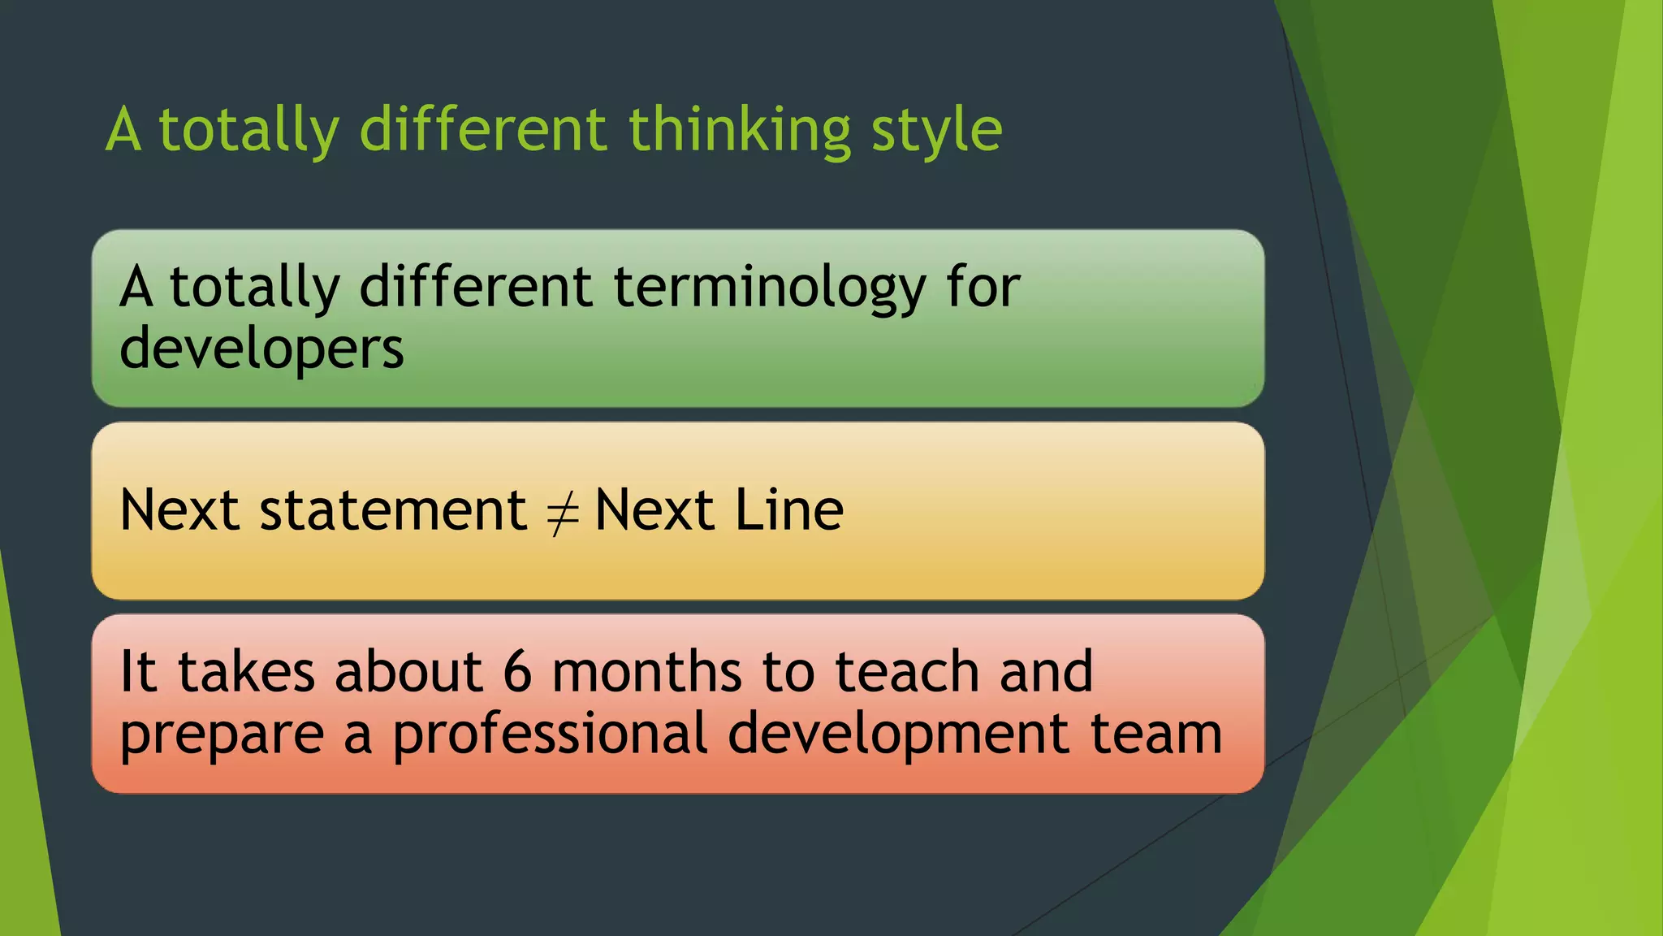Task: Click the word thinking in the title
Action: tap(739, 130)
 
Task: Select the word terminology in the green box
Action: tap(769, 288)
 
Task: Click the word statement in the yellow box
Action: tap(393, 510)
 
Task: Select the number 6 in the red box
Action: tap(517, 672)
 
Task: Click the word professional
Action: tap(551, 734)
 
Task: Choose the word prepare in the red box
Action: tap(222, 734)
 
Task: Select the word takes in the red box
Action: tap(246, 672)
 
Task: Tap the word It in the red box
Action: tap(138, 672)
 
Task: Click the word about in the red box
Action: tap(408, 672)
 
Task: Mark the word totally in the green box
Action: tap(254, 288)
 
